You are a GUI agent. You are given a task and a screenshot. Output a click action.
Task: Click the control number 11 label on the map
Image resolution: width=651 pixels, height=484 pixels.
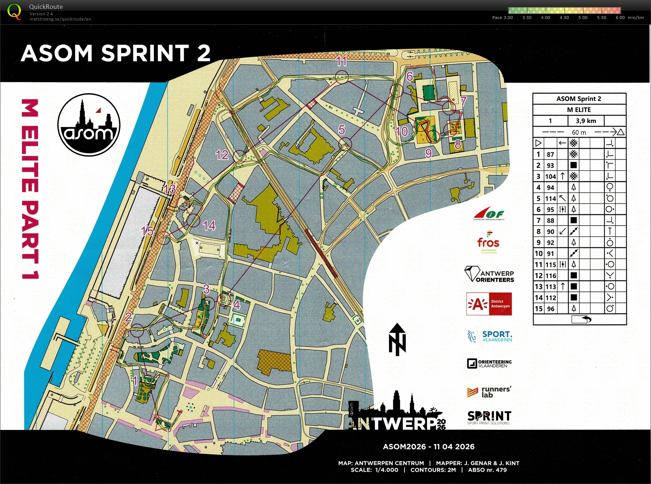(342, 61)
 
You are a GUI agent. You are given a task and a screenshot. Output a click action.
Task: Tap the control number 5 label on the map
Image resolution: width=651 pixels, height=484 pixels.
(342, 130)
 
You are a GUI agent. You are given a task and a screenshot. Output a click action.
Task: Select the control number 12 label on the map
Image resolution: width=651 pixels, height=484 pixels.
(222, 155)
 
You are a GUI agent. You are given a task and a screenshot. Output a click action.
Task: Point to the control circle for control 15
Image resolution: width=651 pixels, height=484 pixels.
(163, 238)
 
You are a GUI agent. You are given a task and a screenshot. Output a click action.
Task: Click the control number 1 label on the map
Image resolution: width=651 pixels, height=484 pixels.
(135, 381)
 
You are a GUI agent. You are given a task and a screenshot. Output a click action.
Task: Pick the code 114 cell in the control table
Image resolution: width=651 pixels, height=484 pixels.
(551, 198)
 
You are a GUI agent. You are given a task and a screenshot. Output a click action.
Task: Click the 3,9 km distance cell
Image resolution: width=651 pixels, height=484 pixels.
(586, 121)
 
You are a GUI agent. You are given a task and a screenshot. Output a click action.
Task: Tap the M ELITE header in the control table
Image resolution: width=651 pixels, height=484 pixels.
(579, 109)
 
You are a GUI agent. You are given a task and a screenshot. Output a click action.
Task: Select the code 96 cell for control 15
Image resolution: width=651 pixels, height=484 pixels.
(551, 309)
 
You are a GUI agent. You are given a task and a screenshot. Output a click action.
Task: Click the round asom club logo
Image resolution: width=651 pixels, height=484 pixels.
(89, 125)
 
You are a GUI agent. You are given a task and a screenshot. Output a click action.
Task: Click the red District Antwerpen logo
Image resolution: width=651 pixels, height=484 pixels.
(489, 304)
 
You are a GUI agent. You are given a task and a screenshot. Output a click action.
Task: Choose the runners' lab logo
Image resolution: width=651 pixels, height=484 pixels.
(489, 392)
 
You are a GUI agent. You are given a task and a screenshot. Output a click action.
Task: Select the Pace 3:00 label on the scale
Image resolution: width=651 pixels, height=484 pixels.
(502, 18)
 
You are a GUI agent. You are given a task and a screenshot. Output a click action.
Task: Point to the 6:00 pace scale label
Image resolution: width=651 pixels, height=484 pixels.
(620, 18)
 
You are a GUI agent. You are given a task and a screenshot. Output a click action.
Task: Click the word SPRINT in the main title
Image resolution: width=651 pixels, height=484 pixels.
(145, 53)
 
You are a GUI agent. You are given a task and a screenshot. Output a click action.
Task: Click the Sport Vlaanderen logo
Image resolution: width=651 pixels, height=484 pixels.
(489, 336)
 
